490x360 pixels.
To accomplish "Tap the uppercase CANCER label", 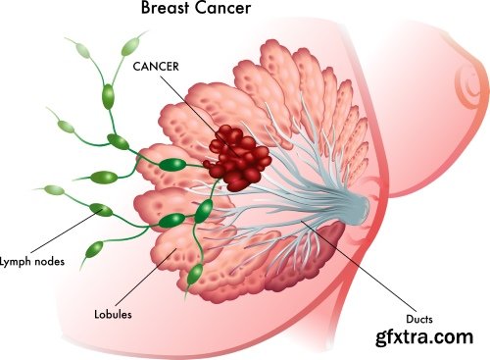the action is coord(156,67).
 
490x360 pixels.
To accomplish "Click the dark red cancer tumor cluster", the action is coord(234,157).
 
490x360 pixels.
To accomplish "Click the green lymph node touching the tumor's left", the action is coord(174,164).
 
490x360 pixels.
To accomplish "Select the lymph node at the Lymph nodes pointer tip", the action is coord(101,208).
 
